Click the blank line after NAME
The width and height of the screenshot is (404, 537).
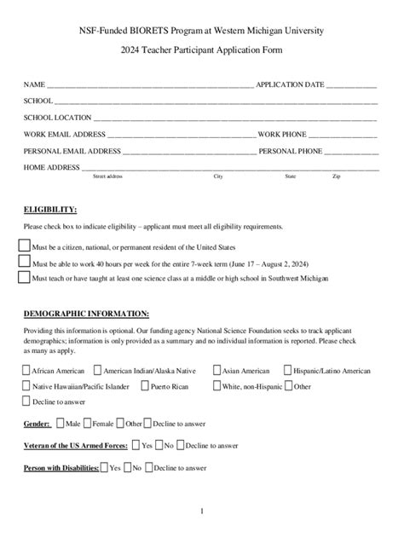(149, 86)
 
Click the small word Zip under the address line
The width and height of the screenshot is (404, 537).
(337, 176)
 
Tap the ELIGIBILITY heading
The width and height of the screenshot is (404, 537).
(50, 209)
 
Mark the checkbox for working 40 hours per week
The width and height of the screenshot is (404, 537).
(24, 263)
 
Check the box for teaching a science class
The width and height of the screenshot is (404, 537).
(24, 278)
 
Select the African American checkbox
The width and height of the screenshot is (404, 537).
(26, 371)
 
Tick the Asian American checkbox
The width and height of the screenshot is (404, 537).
(216, 371)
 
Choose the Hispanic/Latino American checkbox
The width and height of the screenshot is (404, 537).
(287, 371)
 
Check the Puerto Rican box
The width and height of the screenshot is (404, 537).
(144, 386)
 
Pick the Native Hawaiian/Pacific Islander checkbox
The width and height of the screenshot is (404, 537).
(26, 386)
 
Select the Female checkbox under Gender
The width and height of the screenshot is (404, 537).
(87, 423)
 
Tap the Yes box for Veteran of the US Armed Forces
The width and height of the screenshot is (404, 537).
(135, 445)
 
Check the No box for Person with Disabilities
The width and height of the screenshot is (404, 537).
(126, 467)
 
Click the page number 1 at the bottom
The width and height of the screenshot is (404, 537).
(202, 511)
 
